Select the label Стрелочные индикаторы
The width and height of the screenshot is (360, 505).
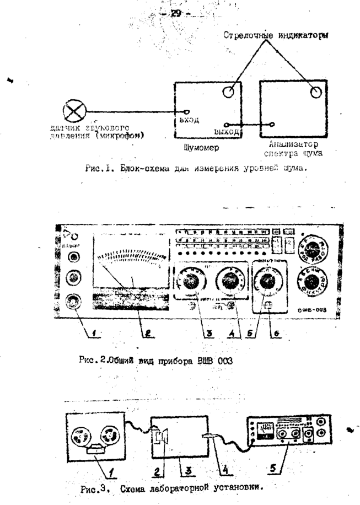point(273,36)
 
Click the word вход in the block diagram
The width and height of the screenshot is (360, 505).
point(189,119)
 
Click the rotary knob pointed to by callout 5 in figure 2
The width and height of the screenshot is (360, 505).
point(268,283)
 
